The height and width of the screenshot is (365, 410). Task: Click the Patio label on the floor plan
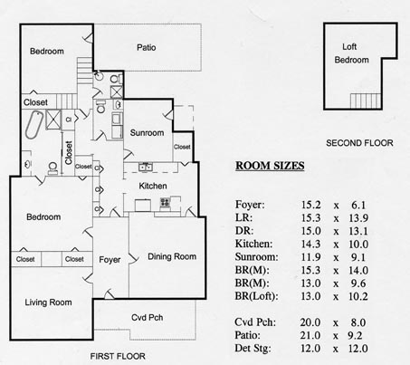coord(147,47)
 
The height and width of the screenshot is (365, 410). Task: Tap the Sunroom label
coord(147,133)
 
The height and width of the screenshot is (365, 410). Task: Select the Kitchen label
coord(153,186)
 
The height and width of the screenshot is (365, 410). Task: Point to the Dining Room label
coord(172,256)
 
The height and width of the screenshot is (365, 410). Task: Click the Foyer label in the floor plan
coord(110,260)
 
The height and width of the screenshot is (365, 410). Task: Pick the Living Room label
coord(48,303)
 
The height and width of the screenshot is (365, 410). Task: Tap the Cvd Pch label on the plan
coord(148,318)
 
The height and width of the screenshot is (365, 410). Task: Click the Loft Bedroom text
coord(351,53)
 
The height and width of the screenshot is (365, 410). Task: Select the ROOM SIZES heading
coord(270,166)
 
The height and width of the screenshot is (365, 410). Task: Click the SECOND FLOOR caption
coord(359,143)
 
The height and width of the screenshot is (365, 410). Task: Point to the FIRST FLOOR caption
coord(118,356)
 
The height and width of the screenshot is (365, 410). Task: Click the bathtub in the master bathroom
coord(33,125)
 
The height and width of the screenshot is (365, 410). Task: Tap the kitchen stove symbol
coord(165,203)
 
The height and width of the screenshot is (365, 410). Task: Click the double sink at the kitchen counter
coord(146,167)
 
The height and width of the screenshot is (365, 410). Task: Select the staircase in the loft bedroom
coord(366,101)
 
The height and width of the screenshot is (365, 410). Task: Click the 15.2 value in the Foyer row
coord(310,205)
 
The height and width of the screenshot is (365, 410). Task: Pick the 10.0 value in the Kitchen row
coord(358,244)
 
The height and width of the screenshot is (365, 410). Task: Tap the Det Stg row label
coord(253,349)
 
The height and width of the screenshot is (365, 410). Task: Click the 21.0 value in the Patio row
coord(310,335)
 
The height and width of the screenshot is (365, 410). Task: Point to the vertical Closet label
coord(69,153)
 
